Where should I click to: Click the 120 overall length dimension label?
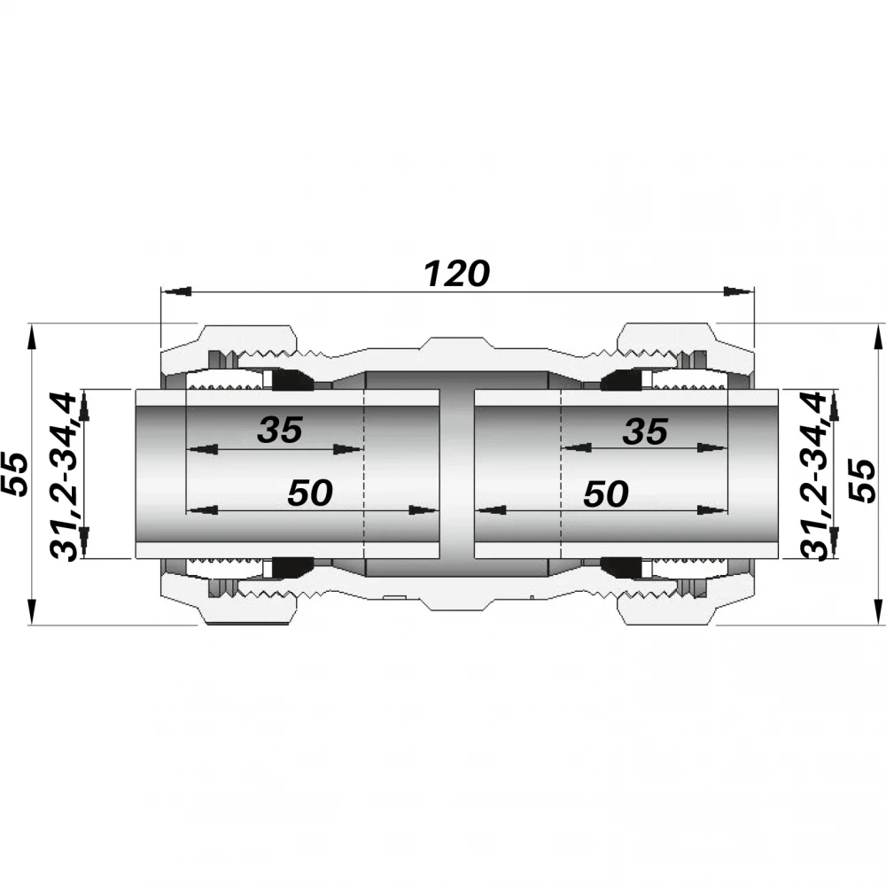(456, 274)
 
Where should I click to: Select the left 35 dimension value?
(280, 430)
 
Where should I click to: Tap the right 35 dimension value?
(645, 431)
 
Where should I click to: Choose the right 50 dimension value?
(606, 494)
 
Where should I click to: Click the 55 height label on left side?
(15, 474)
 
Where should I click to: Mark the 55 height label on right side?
(862, 480)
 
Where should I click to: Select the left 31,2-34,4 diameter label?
(63, 477)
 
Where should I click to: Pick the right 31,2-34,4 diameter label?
(814, 476)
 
